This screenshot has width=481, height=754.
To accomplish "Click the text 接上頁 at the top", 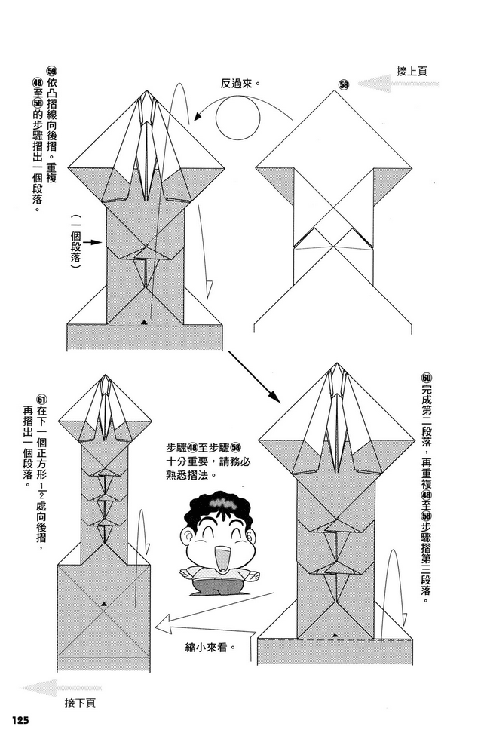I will click(x=412, y=72).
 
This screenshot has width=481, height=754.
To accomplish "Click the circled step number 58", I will click(x=344, y=85).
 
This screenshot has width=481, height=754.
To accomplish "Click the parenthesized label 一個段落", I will click(x=75, y=245).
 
